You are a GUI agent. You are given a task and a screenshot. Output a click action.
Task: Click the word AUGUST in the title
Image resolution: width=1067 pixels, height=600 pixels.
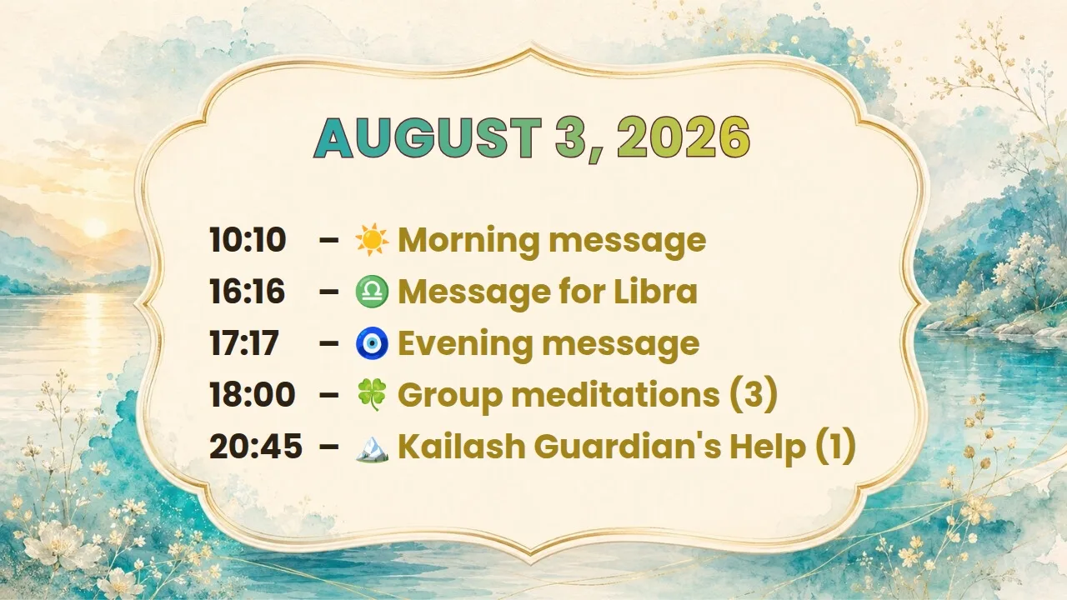pos(428,137)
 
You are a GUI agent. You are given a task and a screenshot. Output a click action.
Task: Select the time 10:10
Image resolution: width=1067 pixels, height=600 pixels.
pos(248,239)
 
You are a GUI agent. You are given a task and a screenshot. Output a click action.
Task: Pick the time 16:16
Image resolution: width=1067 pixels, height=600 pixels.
pos(248,291)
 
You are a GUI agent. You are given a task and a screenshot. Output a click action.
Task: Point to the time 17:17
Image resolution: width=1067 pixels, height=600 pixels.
pos(244,342)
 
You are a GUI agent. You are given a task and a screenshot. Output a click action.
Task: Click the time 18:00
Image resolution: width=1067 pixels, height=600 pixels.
pos(253,395)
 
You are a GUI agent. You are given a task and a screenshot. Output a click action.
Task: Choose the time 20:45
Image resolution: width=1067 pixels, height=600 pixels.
pos(256,446)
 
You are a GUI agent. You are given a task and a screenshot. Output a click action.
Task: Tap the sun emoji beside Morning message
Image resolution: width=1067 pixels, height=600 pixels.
pos(372,239)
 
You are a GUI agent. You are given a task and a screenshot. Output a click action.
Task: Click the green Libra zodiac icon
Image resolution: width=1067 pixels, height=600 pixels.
pos(372,291)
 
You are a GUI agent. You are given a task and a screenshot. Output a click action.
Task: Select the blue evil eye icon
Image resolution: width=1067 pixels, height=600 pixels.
pos(372,342)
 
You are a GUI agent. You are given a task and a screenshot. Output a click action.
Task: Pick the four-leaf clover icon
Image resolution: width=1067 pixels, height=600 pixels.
pos(372,395)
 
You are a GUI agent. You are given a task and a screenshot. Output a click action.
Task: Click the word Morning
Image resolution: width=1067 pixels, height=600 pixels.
pos(468,242)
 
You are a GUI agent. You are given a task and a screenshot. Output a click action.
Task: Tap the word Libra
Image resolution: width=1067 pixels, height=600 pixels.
pos(655,291)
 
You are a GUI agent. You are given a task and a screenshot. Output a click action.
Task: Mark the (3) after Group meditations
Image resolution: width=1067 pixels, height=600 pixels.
pos(754,395)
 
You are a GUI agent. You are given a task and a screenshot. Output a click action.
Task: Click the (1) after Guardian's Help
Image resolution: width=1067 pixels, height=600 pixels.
pos(835,446)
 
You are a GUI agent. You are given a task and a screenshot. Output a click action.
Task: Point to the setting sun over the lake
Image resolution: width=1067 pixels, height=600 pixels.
pos(95,227)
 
